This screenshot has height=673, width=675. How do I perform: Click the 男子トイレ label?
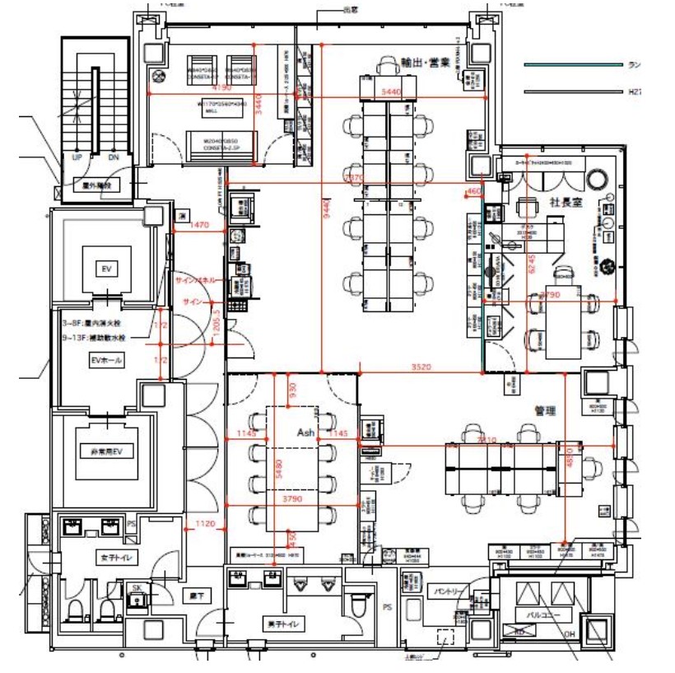point(282,624)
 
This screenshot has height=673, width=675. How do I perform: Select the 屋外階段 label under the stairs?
point(95,185)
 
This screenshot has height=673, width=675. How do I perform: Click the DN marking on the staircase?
point(114,157)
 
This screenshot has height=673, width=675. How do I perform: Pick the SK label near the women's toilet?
point(137,587)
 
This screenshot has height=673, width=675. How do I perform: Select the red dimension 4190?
point(221,86)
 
